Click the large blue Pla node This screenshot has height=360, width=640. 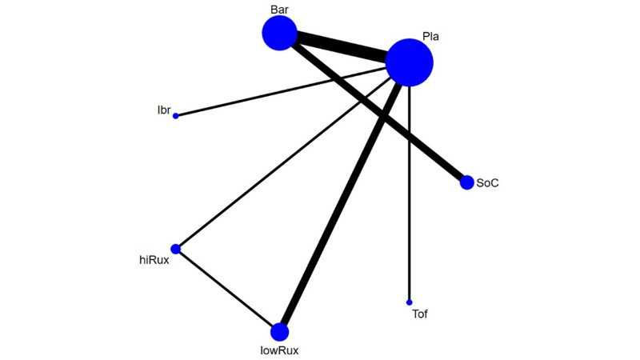(409, 62)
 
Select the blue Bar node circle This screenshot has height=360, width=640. (279, 33)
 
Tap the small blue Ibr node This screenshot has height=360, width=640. (175, 116)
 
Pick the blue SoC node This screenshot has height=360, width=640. (467, 182)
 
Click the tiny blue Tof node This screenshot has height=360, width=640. (409, 302)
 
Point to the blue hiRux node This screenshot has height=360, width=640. (175, 249)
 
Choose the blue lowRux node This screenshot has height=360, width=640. (279, 332)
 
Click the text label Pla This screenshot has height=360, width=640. (430, 36)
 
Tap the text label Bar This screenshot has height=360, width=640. (279, 10)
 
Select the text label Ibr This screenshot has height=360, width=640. (164, 110)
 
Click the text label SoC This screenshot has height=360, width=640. (487, 183)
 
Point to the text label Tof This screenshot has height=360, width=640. (419, 314)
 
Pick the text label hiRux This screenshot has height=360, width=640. (154, 260)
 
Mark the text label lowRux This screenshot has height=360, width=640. (279, 350)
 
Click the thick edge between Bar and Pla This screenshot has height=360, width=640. (342, 47)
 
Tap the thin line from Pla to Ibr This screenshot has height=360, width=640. (282, 92)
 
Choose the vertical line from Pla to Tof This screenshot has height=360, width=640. (409, 193)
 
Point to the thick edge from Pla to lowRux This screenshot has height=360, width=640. (341, 204)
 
